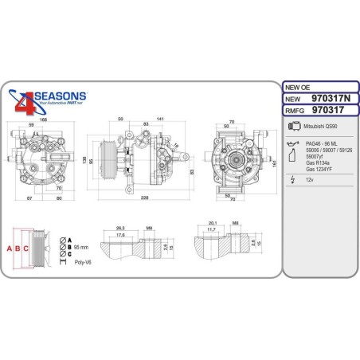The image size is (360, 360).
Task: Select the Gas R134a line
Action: tap(319, 162)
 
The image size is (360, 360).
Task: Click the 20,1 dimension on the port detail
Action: tap(212, 223)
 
